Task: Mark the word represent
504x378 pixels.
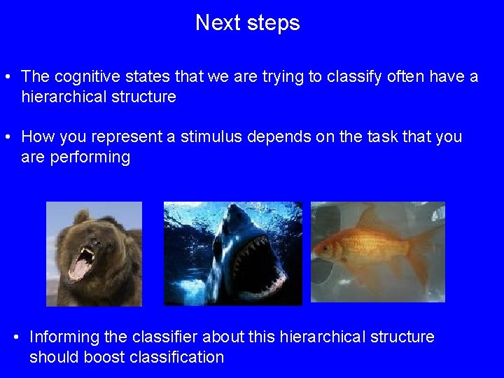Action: click(127, 136)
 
